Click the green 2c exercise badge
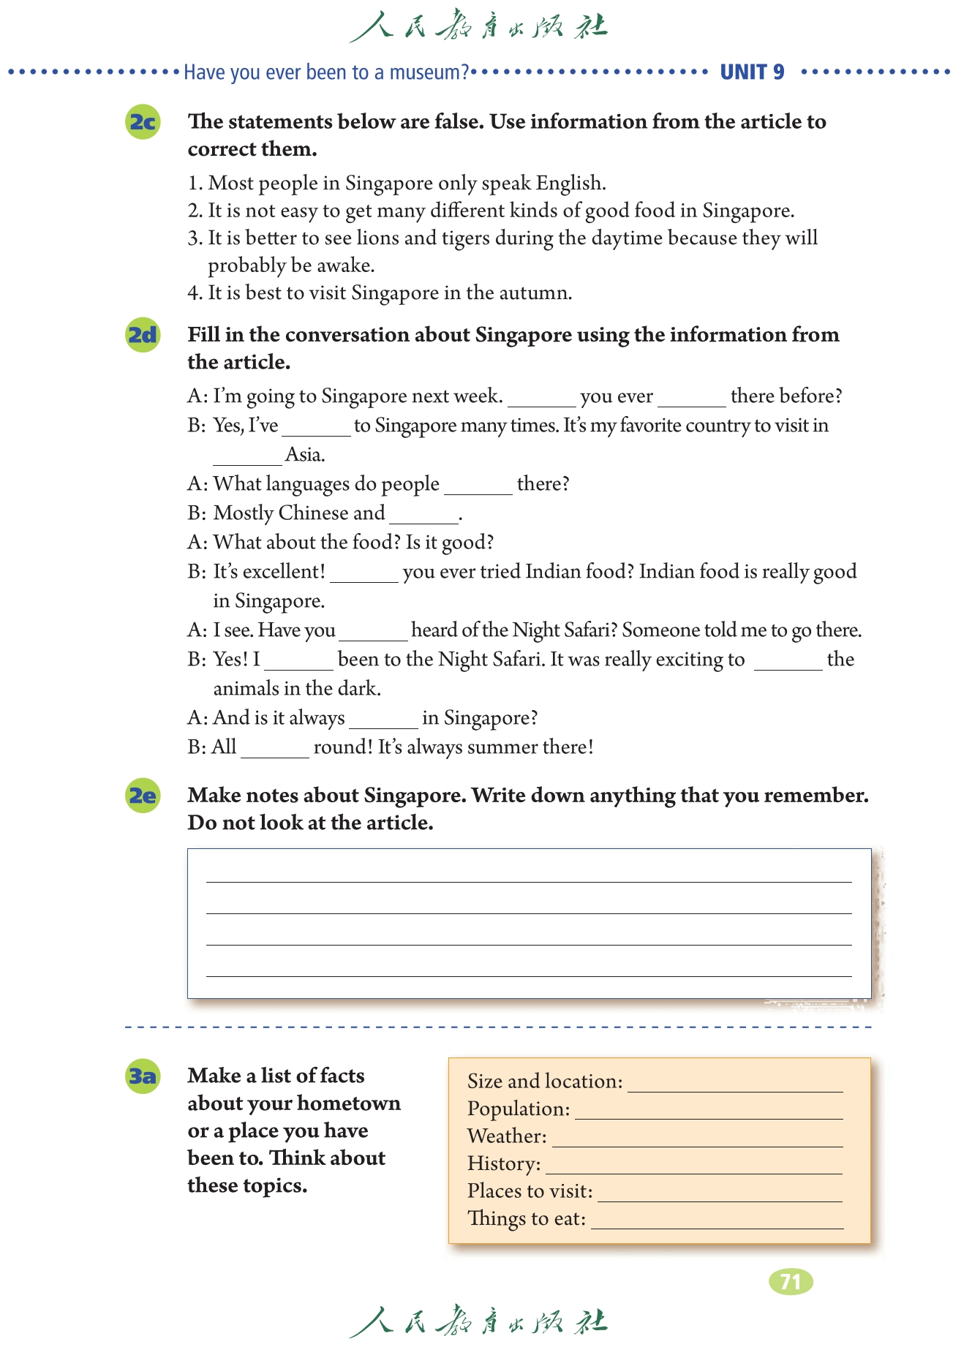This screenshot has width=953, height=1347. tap(143, 121)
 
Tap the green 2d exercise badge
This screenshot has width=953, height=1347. tap(143, 335)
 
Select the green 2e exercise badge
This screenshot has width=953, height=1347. tap(143, 795)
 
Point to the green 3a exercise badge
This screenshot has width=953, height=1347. tap(143, 1076)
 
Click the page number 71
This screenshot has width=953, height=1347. tap(791, 1281)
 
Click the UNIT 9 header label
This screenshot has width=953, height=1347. tap(752, 72)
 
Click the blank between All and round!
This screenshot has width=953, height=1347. tap(275, 752)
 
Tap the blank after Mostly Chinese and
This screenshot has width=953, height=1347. tap(423, 518)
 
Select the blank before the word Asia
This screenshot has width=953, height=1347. tap(247, 459)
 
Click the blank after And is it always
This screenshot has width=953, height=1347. tap(383, 722)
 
